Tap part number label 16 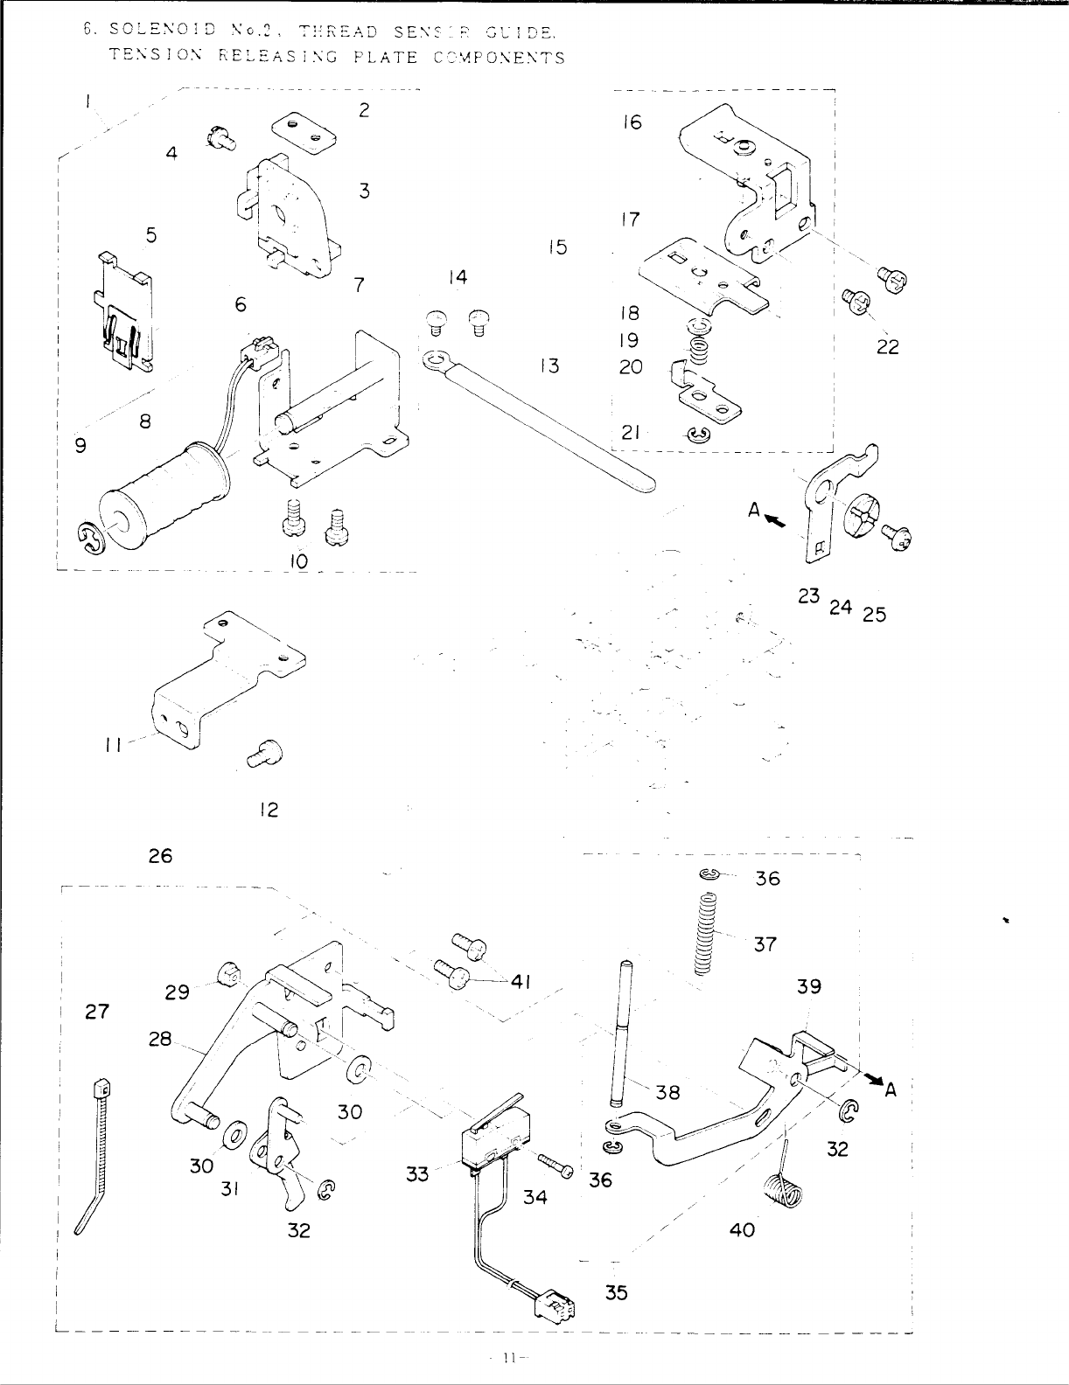(x=632, y=122)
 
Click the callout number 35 (x=617, y=1291)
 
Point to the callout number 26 (x=160, y=856)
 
